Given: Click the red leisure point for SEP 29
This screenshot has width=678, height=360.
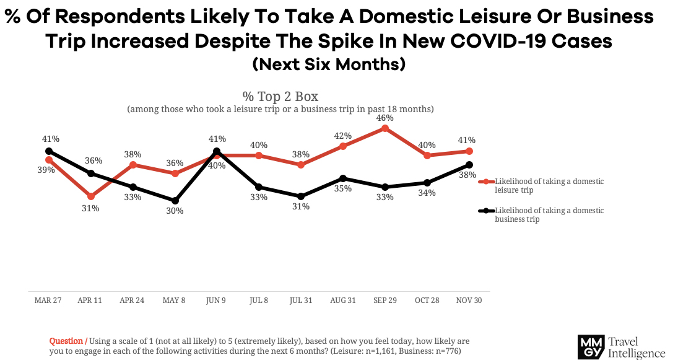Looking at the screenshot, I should [385, 128].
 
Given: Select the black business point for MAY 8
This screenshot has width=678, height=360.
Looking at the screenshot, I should [175, 201].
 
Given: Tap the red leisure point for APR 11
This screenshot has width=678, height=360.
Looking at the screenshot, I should [91, 196].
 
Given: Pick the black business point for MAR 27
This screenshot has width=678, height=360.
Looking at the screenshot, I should [49, 151].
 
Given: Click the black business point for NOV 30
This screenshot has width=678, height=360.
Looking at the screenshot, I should [469, 165].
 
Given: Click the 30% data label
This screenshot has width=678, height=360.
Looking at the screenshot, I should [175, 211].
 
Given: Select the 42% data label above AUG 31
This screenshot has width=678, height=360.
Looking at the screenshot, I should [342, 136].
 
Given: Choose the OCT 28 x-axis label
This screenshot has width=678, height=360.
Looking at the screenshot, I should [427, 300].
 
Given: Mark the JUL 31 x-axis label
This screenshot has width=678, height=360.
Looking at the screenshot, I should [301, 300].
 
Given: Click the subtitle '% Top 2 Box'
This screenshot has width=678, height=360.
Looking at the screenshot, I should [280, 97].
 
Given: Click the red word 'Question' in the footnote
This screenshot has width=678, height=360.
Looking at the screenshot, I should [67, 341].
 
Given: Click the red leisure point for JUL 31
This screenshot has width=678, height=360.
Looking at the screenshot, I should [301, 165].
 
